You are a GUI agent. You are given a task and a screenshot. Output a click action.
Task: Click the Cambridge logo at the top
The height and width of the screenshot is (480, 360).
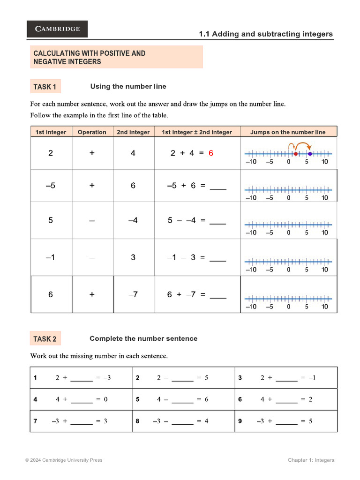(57, 29)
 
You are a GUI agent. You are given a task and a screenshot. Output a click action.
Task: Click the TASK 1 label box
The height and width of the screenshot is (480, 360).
(45, 87)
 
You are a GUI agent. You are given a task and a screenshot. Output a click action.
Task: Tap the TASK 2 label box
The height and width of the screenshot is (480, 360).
(45, 339)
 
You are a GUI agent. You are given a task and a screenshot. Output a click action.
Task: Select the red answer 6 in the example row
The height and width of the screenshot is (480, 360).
(211, 153)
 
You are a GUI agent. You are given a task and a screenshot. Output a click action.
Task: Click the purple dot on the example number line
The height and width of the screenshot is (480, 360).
(310, 153)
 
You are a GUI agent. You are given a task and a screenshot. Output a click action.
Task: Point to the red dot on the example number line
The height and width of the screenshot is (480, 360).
(295, 153)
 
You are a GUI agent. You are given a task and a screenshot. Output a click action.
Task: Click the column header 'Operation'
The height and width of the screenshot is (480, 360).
(92, 132)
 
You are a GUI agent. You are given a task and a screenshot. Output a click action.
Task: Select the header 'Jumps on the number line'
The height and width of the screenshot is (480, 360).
(288, 132)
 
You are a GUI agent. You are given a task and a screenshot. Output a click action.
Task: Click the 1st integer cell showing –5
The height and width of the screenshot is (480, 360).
(51, 186)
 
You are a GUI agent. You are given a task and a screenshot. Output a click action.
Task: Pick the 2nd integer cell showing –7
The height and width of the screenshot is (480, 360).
(133, 294)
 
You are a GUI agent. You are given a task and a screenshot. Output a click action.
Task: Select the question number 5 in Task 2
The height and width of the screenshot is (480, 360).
(138, 399)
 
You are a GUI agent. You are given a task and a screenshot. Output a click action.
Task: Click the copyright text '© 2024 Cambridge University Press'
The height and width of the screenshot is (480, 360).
(64, 460)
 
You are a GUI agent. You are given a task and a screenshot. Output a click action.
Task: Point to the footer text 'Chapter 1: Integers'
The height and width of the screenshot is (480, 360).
(311, 460)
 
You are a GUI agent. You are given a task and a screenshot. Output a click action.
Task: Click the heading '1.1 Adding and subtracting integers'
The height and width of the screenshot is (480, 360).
(266, 34)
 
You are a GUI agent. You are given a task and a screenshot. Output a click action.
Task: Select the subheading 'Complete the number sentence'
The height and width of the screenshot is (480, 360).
(143, 338)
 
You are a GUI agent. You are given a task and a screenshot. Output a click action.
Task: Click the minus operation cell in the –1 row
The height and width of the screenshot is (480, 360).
(92, 257)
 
